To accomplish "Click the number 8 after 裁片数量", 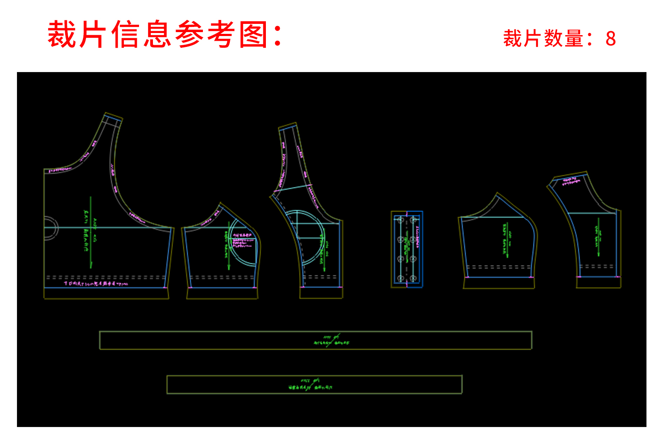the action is point(610,39).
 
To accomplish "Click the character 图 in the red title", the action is point(254,35).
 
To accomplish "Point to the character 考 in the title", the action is point(222,35).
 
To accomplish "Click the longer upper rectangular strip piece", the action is point(315,340).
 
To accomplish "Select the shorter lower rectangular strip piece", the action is point(314,385).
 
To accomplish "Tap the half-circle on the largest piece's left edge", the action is point(51,227).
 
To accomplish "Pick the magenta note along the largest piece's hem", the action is point(96,284).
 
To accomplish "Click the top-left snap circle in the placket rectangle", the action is point(401,220).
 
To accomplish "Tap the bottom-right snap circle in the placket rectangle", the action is point(413,278).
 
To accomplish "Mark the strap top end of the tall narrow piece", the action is point(287,127).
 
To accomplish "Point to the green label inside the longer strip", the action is point(331,340).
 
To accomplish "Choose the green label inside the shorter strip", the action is point(310,385).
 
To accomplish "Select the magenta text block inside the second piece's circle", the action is point(242,240).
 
